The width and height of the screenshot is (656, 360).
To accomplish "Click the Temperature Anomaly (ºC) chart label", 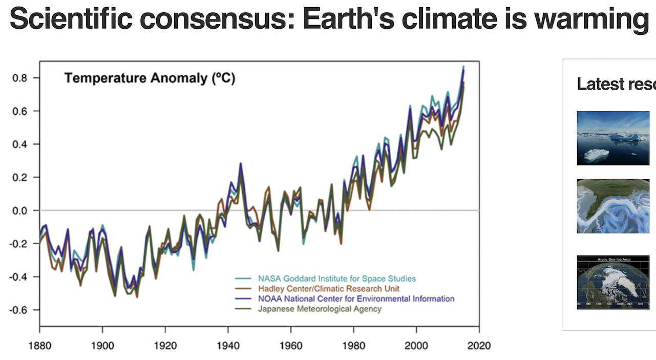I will [149, 78].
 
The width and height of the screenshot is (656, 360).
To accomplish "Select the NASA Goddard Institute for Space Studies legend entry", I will [336, 279].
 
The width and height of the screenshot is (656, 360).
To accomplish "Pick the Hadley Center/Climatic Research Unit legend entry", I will [328, 289].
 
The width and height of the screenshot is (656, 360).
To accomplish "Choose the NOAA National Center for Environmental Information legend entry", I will [356, 299].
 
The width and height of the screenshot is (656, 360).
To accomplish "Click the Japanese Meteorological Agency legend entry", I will [320, 309].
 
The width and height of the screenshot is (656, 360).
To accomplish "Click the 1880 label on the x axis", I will [39, 346].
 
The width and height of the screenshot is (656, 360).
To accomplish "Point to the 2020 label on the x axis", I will [479, 346].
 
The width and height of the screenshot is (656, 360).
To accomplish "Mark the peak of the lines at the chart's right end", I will [463, 68].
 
